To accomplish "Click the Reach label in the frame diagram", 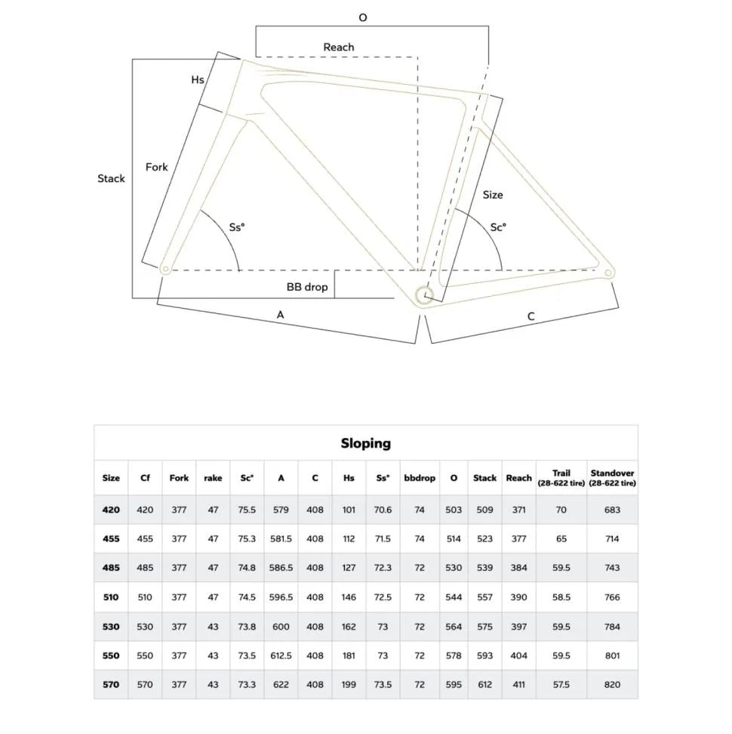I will (x=339, y=47).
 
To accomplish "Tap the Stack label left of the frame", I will (x=111, y=178).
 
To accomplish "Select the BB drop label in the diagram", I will (x=307, y=287).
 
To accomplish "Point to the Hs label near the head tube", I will (x=198, y=79).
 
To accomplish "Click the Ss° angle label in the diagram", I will (x=237, y=227).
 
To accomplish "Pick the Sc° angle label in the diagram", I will (x=498, y=227).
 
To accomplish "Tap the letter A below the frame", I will (x=280, y=314).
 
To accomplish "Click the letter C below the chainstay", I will (x=531, y=316).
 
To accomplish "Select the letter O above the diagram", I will (x=363, y=17).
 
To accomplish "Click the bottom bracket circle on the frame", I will (x=424, y=295).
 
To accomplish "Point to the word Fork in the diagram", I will (x=157, y=166).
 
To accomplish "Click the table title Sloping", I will (x=365, y=443).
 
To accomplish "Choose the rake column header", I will (x=213, y=478).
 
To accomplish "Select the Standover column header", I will (x=612, y=477).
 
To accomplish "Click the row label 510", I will (x=111, y=597).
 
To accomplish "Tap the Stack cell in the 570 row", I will (x=484, y=685).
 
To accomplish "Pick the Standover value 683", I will (x=612, y=510).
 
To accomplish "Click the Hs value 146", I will (x=349, y=597).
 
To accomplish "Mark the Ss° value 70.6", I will (x=383, y=510).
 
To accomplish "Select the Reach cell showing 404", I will (x=518, y=655).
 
